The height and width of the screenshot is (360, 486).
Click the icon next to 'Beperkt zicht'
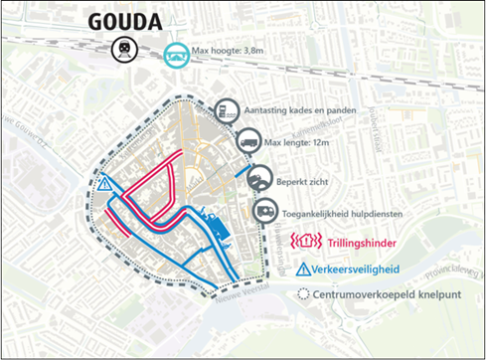[x=259, y=179]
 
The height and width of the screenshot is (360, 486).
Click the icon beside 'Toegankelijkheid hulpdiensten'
[x=266, y=211]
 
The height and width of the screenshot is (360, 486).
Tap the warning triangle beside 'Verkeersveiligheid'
[x=305, y=269]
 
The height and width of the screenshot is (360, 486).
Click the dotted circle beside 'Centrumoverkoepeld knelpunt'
[x=303, y=294]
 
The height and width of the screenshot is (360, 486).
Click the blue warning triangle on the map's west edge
[x=105, y=184]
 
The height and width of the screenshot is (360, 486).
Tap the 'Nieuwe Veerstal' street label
[x=244, y=290]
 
